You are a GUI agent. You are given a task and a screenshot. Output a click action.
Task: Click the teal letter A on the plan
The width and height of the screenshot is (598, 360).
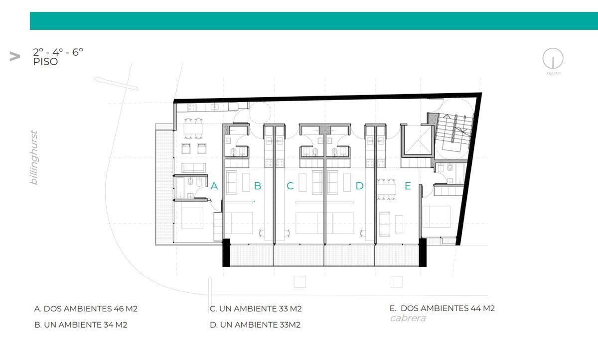[214, 186]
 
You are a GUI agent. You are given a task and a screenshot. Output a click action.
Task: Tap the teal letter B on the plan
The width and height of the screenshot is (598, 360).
[258, 186]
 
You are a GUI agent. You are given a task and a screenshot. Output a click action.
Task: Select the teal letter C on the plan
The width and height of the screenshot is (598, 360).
[290, 186]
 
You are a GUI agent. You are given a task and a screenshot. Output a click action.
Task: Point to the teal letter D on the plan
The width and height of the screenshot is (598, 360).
[360, 186]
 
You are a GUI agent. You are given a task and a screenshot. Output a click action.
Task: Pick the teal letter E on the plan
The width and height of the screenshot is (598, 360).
[408, 186]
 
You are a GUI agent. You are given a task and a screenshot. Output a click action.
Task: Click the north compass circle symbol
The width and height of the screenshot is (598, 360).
[553, 58]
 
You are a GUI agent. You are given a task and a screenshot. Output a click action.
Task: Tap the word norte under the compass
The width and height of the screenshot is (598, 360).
[553, 74]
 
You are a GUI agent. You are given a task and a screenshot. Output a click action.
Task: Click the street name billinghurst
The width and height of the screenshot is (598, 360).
[34, 157]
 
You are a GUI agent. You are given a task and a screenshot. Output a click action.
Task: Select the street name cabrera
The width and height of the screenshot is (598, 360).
[408, 318]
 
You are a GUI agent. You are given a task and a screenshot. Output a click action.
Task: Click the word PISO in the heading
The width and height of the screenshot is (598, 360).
[45, 62]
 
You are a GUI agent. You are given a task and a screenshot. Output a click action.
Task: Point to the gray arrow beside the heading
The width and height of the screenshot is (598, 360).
[14, 57]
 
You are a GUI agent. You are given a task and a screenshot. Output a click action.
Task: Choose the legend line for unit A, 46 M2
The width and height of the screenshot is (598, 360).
[86, 309]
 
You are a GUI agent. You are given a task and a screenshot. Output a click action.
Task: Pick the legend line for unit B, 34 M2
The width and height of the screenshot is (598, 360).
[81, 325]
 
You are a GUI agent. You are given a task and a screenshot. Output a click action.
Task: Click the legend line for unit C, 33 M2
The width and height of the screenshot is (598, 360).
[256, 309]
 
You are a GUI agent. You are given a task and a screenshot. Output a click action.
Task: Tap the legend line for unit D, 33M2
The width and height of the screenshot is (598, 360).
[255, 325]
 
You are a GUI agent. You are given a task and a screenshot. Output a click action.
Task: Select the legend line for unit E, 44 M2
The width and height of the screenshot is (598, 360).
[442, 308]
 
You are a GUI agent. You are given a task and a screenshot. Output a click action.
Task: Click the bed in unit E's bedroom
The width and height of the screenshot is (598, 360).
[437, 217]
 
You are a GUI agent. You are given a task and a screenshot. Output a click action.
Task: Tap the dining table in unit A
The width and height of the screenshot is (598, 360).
[193, 129]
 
